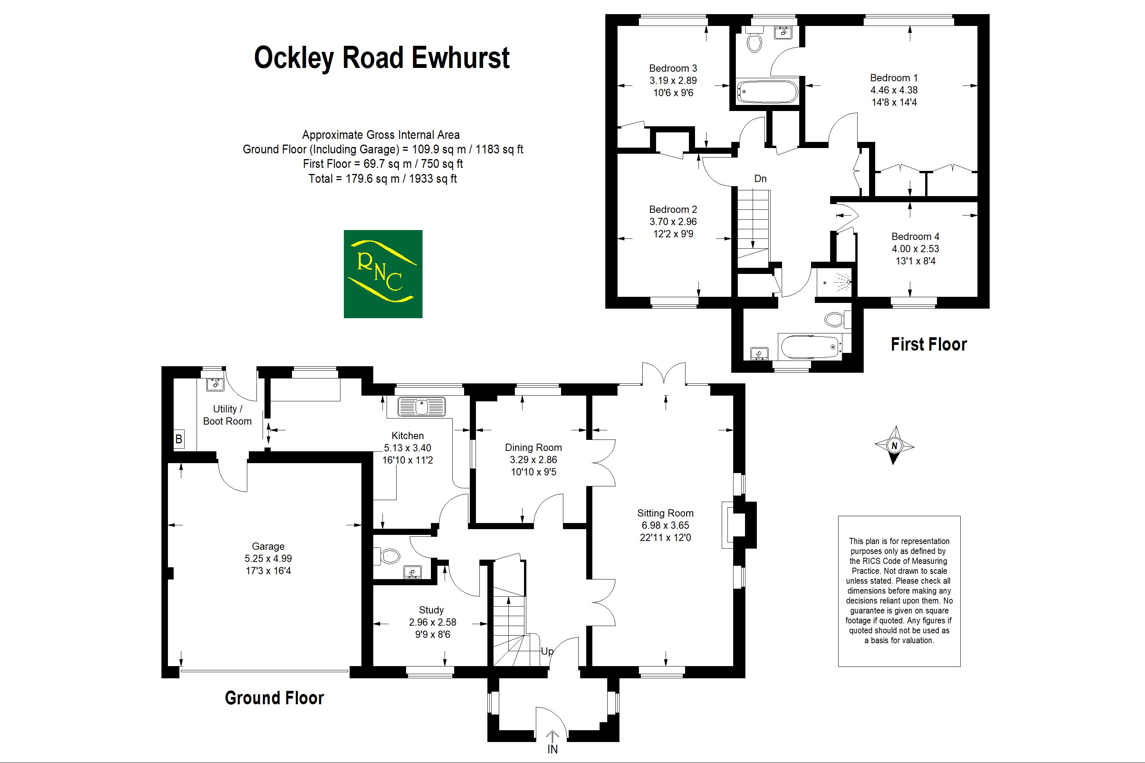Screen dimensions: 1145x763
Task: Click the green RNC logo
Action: coord(383,274)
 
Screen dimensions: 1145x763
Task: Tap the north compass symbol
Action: coord(894,445)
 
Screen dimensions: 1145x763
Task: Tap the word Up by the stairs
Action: coord(547,651)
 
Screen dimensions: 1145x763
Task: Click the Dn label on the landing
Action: coord(760,179)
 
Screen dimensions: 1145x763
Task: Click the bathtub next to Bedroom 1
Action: coord(767,92)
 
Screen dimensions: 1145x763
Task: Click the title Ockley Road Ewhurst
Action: coord(382,58)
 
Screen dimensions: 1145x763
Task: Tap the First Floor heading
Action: coord(929,344)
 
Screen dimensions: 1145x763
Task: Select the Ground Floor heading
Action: coord(274,698)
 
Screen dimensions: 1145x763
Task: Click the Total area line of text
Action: coord(383,179)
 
